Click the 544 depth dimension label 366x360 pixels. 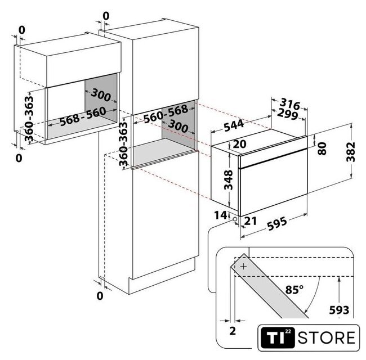click(234, 125)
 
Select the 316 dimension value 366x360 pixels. click(290, 103)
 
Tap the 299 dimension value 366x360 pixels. click(288, 114)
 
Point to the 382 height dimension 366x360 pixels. click(351, 152)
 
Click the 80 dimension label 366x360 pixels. click(322, 148)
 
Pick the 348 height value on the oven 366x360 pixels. click(228, 180)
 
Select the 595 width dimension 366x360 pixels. click(277, 224)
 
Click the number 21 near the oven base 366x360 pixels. click(250, 221)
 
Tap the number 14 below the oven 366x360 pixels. click(220, 215)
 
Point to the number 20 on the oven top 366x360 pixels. click(239, 144)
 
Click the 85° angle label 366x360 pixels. click(294, 290)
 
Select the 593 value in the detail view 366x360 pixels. click(339, 310)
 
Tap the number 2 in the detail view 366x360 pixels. click(233, 331)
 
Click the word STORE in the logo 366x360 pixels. click(327, 338)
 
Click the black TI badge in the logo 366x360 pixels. click(278, 337)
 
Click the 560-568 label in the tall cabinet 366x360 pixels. click(166, 114)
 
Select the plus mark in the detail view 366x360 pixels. click(243, 266)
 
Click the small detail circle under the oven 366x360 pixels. click(235, 219)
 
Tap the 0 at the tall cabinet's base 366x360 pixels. click(100, 296)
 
